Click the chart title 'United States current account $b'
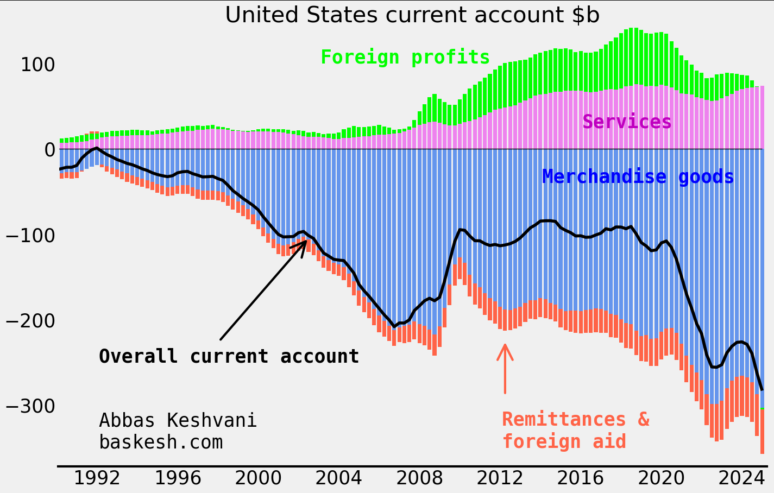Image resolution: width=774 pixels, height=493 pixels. coord(412,15)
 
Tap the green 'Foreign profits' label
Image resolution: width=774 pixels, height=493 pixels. coord(405,57)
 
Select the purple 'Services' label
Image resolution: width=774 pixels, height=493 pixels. coord(627,122)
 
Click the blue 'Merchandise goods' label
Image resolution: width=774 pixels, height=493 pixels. coord(638,177)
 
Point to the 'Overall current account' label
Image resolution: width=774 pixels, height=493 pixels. coord(229,356)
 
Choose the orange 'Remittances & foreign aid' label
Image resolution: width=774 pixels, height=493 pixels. coord(575,430)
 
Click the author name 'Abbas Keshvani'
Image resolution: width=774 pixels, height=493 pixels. coord(178,420)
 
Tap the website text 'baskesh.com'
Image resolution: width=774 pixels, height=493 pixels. coord(161,442)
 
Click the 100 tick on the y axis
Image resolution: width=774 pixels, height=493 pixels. coord(37,65)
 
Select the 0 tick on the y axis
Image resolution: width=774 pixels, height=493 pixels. coord(49,150)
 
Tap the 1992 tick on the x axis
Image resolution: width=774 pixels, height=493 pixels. coord(97,479)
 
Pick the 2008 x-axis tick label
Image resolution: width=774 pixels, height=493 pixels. coord(419,479)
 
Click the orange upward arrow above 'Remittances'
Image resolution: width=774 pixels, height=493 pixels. coord(505,366)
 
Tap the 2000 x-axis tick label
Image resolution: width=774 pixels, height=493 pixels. coord(257,479)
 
